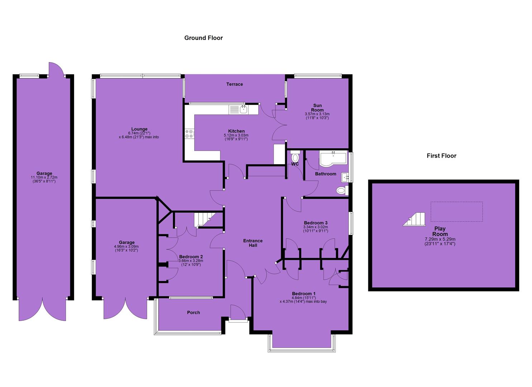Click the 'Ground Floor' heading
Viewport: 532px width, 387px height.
point(203,38)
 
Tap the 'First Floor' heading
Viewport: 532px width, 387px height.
point(441,156)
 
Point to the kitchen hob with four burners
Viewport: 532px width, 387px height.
point(190,134)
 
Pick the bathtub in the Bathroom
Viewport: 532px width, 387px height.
point(333,158)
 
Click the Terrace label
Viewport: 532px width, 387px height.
point(235,84)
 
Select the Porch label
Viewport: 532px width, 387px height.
point(193,312)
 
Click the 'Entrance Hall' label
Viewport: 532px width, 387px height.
point(253,243)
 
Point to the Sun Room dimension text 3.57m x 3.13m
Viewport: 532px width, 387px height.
point(317,114)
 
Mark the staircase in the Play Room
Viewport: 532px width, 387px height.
point(414,219)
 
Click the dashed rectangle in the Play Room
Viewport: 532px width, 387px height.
point(457,212)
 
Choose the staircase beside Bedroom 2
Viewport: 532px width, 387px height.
point(205,220)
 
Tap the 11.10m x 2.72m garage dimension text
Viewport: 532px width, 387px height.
point(44,177)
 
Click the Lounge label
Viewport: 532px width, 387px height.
point(139,129)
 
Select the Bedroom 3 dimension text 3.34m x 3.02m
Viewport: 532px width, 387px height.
point(316,227)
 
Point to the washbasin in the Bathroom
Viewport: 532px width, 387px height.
point(345,177)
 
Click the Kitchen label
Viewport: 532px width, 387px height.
point(236,131)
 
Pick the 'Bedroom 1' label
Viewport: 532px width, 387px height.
point(304,293)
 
